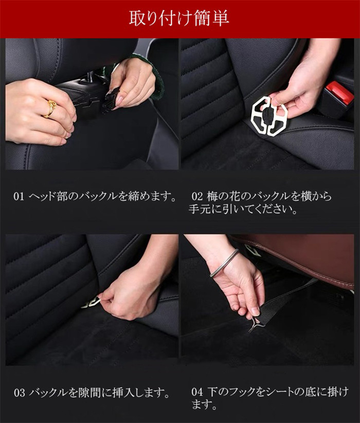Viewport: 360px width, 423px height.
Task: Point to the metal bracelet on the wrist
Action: pos(225,263)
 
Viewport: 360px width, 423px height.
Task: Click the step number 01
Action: pos(19,196)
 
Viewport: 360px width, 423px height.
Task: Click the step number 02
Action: pos(197,196)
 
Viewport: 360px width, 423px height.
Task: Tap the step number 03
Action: pos(20,393)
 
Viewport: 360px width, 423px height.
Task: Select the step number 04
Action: pos(197,392)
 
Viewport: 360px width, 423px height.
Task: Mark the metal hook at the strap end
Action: pos(253,324)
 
